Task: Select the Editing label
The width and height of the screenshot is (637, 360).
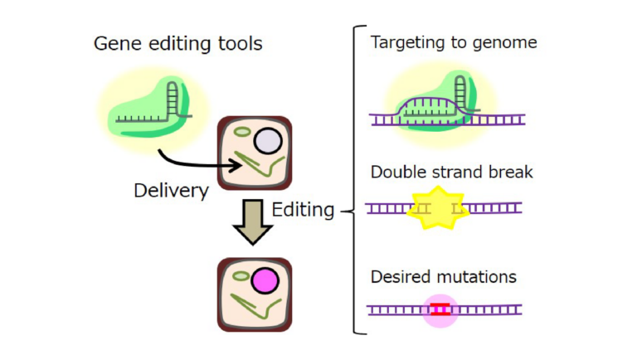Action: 303,209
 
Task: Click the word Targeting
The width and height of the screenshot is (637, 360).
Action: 406,41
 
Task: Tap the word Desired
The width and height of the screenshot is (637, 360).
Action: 399,276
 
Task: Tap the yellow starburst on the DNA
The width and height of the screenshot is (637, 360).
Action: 438,208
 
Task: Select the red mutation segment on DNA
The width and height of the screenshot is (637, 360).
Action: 440,309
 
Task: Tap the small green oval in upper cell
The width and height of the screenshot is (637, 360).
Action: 242,130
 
